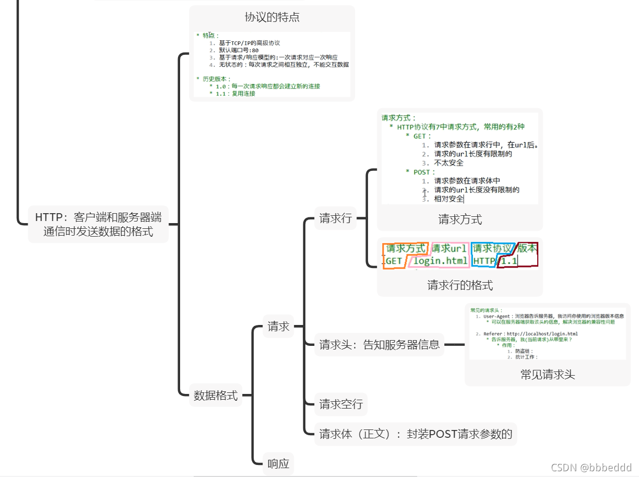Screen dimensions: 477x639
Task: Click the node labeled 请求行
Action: (x=336, y=218)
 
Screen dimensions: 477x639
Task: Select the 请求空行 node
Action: (x=341, y=404)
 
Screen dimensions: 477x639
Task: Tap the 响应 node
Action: (x=278, y=463)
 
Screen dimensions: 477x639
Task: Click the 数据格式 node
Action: (x=216, y=395)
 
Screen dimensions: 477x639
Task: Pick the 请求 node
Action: (x=278, y=327)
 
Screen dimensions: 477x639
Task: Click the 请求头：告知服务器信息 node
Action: (x=380, y=344)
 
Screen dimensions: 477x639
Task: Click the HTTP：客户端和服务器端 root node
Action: (x=98, y=224)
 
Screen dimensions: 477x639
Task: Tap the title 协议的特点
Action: (x=272, y=17)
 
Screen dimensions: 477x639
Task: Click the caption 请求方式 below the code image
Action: (x=460, y=219)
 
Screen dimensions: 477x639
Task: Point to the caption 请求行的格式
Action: (x=460, y=285)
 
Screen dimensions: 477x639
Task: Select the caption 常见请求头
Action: (x=548, y=375)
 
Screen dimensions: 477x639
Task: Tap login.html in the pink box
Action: (x=441, y=261)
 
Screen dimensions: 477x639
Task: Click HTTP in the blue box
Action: (x=484, y=261)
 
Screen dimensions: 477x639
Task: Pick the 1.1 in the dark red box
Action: (x=509, y=261)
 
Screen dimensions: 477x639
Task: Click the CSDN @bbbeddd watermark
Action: (x=591, y=467)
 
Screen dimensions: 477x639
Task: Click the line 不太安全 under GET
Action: (x=448, y=163)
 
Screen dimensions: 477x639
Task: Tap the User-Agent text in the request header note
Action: (x=498, y=316)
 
